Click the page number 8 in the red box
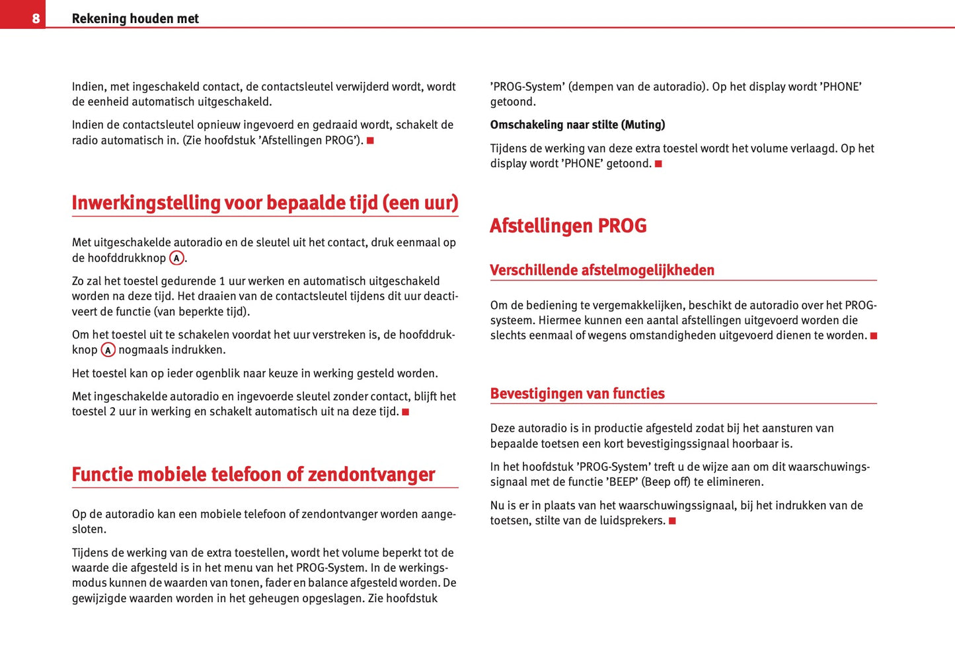pos(36,18)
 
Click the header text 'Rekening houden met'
pos(135,18)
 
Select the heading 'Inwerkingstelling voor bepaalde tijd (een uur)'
pos(264,203)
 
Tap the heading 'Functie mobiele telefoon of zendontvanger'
pos(253,475)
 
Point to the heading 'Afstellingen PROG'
pos(568,226)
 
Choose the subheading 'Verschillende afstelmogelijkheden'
pos(601,270)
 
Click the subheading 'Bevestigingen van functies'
pos(577,393)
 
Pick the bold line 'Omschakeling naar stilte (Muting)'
pos(577,125)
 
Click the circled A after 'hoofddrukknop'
pos(176,258)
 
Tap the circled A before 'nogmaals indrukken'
pos(108,350)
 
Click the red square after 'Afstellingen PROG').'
pos(371,141)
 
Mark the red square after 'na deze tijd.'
pos(406,413)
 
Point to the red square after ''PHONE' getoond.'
pos(658,164)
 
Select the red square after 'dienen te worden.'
pos(874,336)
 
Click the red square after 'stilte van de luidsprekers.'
pos(672,521)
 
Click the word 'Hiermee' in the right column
pos(558,320)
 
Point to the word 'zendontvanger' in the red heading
pos(371,475)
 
